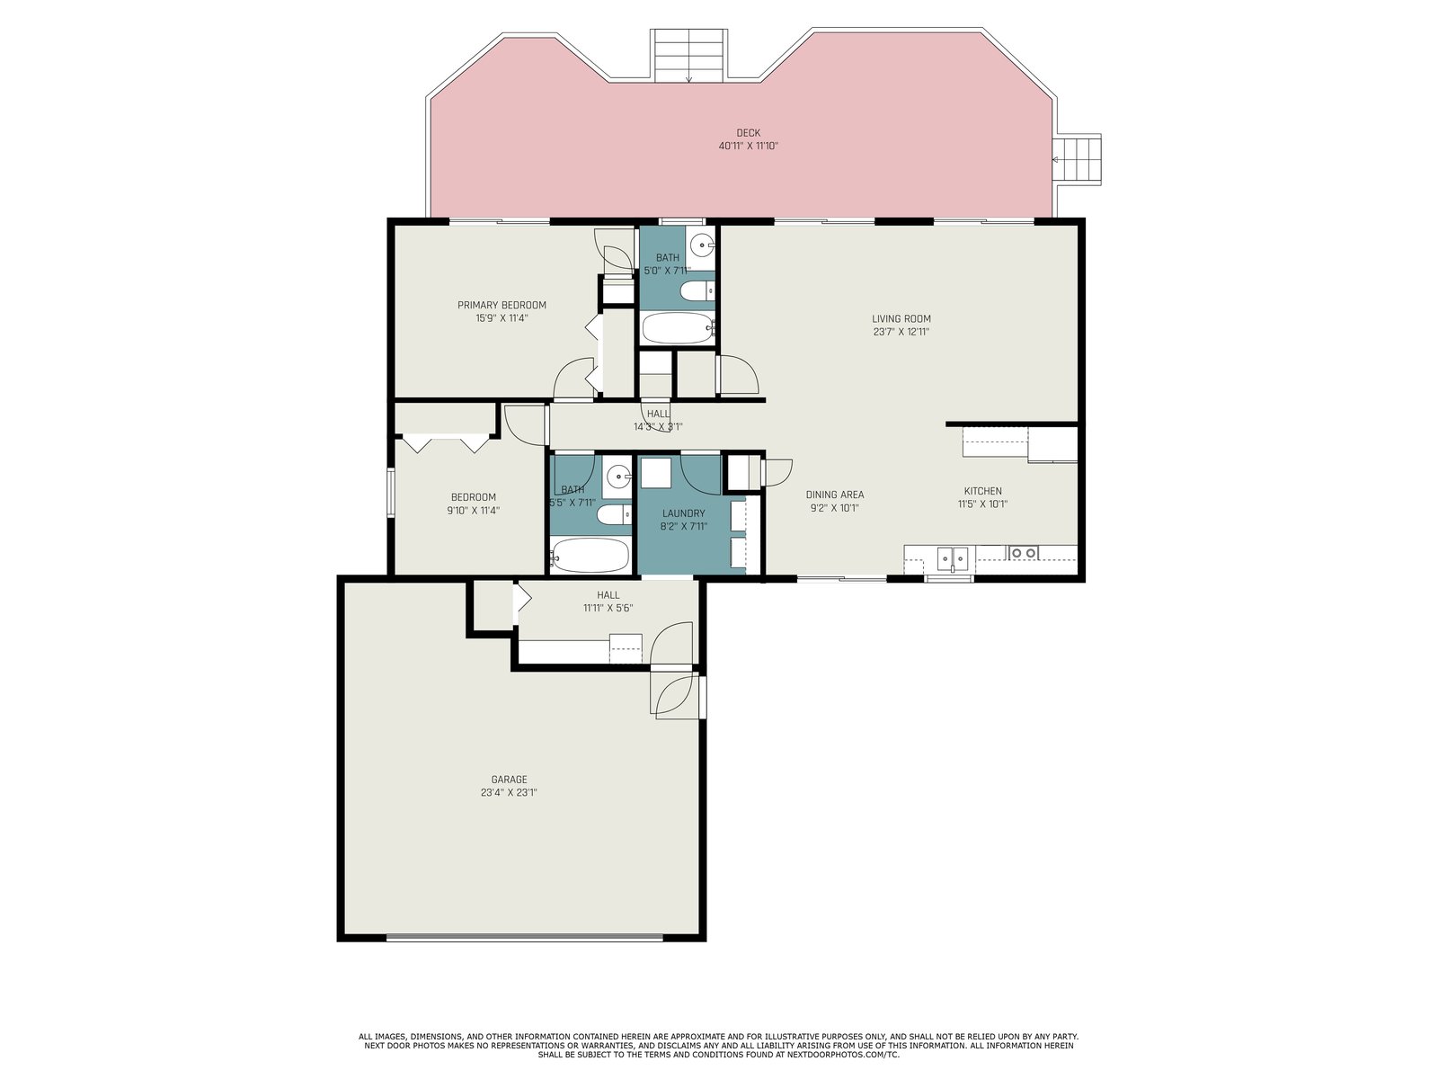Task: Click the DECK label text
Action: (x=748, y=133)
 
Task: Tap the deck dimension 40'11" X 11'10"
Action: (x=748, y=146)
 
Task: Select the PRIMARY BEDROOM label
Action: (x=502, y=306)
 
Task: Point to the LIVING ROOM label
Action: (x=901, y=319)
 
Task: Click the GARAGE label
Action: (x=509, y=780)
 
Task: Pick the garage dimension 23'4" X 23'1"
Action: (x=509, y=793)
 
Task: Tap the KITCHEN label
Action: (x=982, y=491)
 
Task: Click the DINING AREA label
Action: (x=835, y=495)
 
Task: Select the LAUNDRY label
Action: (x=683, y=513)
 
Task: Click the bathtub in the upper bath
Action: (x=678, y=327)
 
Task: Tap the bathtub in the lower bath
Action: (x=590, y=555)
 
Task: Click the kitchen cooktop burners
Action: (x=1024, y=553)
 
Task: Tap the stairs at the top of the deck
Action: (x=688, y=56)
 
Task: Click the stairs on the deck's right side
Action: (x=1077, y=160)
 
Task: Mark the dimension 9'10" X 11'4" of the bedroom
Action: (x=473, y=511)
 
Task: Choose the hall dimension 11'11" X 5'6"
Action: (x=608, y=608)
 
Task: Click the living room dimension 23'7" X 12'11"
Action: (x=901, y=332)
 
